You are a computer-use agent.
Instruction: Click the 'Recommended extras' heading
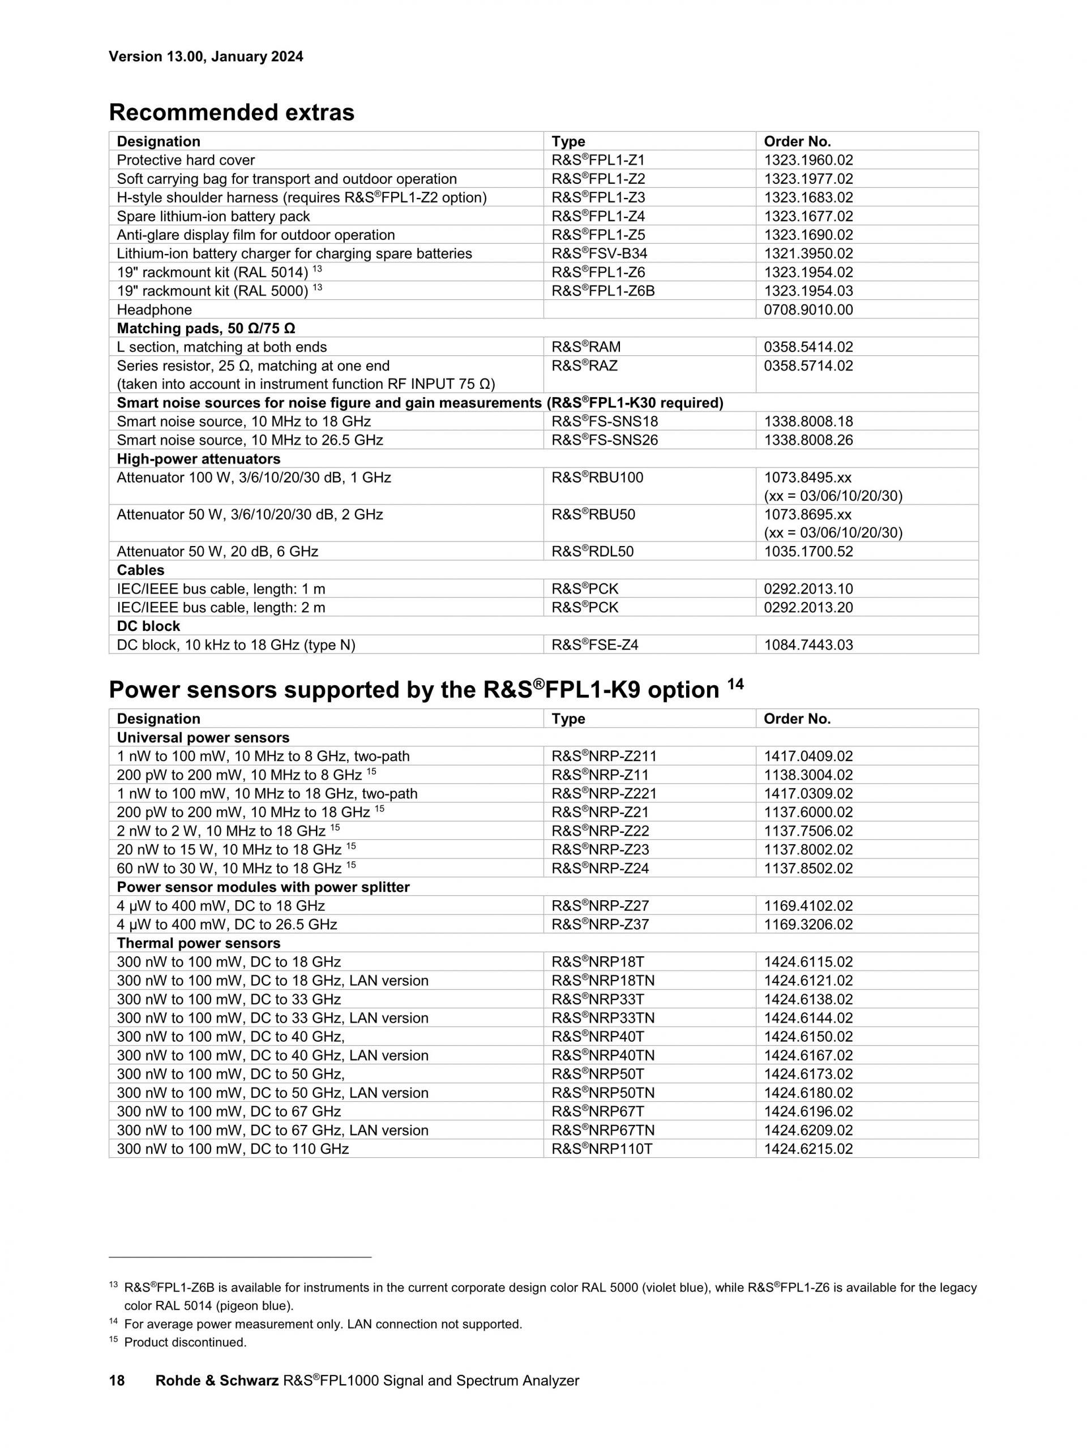point(231,113)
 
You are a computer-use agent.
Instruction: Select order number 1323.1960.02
point(808,160)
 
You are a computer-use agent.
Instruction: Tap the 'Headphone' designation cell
point(155,310)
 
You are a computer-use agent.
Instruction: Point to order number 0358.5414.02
point(808,347)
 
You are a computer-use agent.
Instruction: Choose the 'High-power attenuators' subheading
point(198,459)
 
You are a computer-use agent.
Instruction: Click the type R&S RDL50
point(593,551)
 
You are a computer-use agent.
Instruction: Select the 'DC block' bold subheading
point(148,626)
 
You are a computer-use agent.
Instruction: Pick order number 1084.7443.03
point(808,645)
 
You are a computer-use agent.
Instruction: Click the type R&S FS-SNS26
point(605,440)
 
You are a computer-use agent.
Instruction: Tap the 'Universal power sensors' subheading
point(203,737)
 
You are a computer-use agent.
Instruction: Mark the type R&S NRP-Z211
point(604,756)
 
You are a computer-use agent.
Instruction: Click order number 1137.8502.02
point(808,868)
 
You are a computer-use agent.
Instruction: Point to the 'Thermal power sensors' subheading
point(198,943)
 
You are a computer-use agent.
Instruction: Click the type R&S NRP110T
point(602,1149)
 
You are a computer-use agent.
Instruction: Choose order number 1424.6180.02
point(808,1093)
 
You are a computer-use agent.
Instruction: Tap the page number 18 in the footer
point(117,1381)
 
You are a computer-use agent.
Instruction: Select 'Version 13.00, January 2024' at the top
point(206,56)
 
